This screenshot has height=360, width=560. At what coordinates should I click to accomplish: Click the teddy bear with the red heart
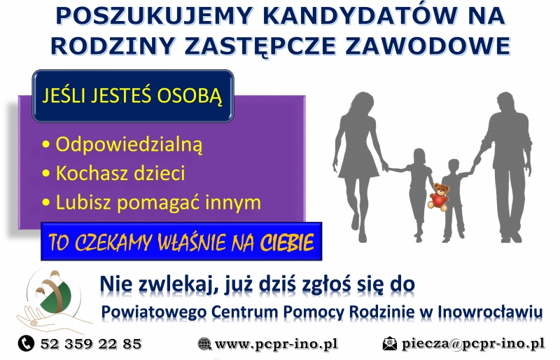pyautogui.click(x=439, y=197)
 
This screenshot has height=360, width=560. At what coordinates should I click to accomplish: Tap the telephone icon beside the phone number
pyautogui.click(x=26, y=344)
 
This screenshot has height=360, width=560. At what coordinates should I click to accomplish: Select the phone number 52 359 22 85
pyautogui.click(x=91, y=344)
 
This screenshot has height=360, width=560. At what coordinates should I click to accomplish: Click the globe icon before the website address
pyautogui.click(x=204, y=344)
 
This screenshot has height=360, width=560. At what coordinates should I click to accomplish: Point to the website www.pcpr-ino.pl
pyautogui.click(x=276, y=345)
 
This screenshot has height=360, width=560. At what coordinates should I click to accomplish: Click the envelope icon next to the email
pyautogui.click(x=390, y=344)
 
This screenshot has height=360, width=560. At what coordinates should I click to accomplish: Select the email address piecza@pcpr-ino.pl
pyautogui.click(x=473, y=344)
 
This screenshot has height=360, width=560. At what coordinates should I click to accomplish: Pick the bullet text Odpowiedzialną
pyautogui.click(x=129, y=145)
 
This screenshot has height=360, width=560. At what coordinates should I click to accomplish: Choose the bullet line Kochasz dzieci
pyautogui.click(x=120, y=173)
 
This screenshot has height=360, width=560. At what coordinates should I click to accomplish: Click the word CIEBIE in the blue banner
pyautogui.click(x=287, y=243)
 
